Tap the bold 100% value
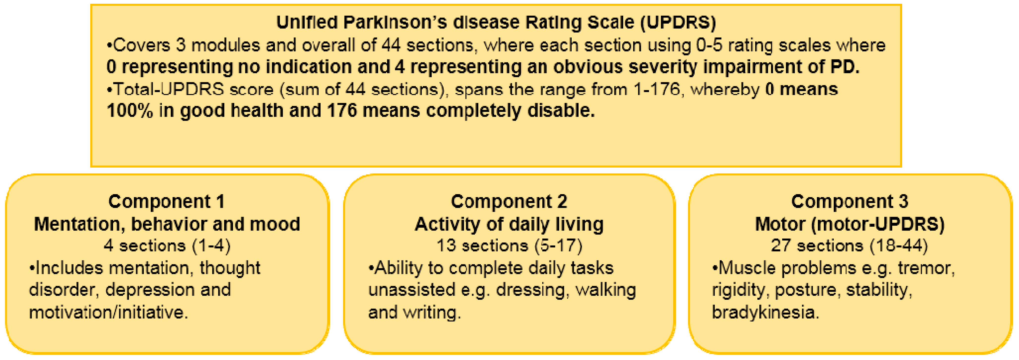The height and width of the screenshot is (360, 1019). click(x=130, y=111)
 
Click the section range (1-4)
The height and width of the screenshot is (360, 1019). click(x=211, y=246)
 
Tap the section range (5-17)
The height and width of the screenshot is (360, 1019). click(x=558, y=246)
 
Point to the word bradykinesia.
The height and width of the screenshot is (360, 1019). click(x=766, y=313)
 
